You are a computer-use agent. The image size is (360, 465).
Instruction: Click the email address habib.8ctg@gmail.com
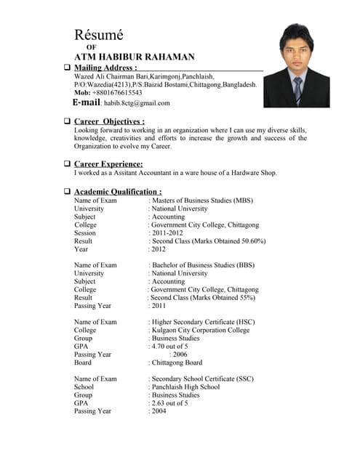point(136,103)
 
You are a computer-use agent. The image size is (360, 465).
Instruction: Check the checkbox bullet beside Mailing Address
point(67,68)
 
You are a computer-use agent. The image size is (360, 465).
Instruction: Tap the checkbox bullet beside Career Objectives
point(67,121)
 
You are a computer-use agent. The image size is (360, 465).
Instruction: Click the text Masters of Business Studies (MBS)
point(202,201)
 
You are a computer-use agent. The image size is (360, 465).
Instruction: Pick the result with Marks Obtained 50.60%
point(209,241)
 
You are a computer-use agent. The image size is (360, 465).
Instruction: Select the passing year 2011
point(159,306)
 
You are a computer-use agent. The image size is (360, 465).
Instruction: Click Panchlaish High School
point(185,387)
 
